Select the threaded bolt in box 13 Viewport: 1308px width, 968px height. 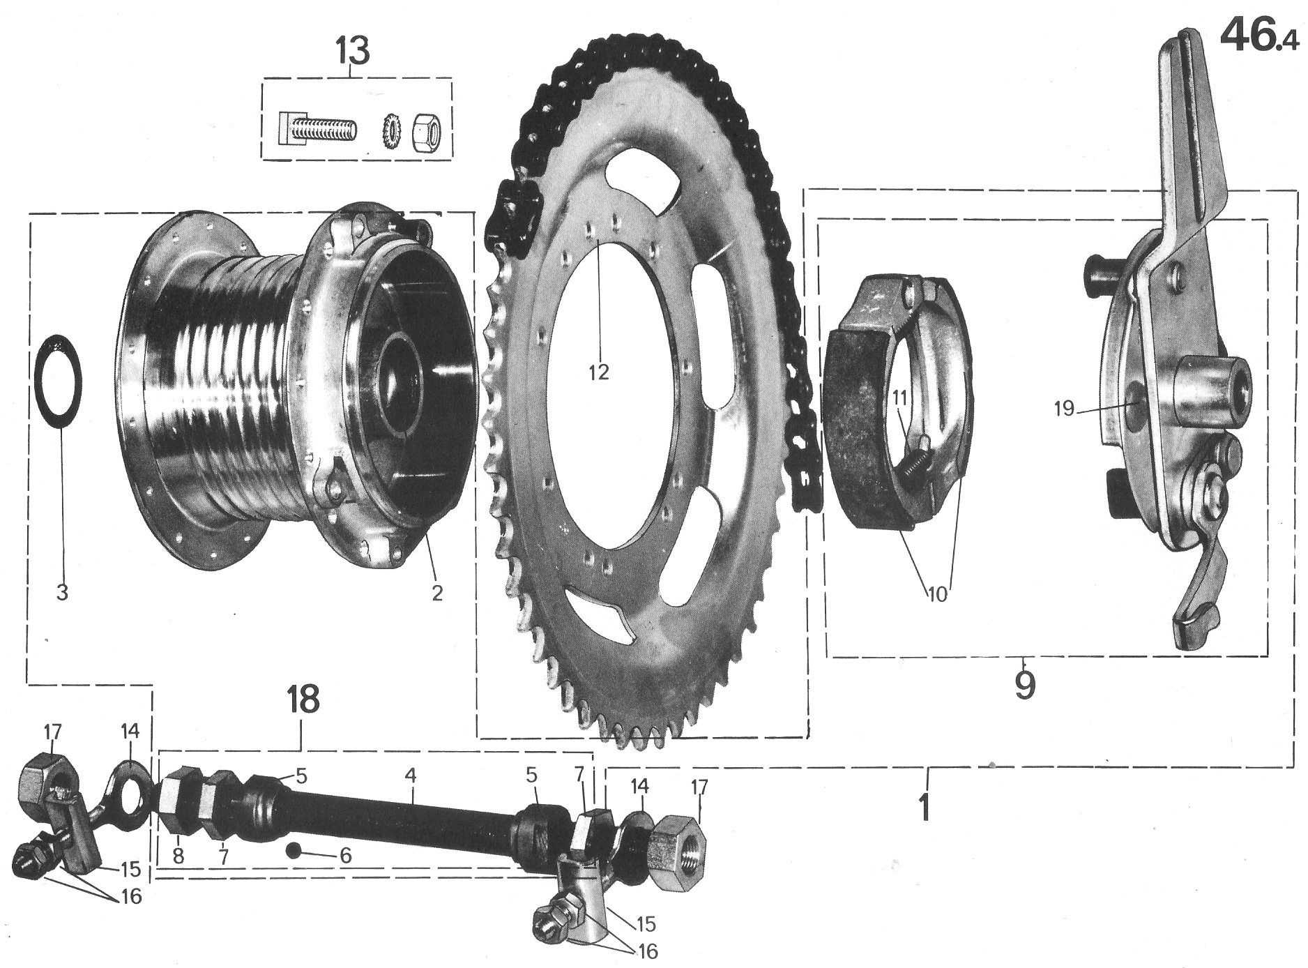click(318, 129)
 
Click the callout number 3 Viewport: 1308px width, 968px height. click(62, 592)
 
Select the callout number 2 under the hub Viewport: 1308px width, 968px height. click(436, 592)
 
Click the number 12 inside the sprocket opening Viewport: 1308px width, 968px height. click(598, 371)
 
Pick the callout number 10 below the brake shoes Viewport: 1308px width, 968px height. click(938, 595)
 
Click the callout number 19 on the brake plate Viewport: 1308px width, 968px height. click(1064, 408)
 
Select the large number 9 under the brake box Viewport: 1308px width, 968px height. click(1024, 685)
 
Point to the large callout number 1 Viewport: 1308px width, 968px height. click(924, 806)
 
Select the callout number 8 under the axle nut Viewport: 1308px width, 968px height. click(178, 856)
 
